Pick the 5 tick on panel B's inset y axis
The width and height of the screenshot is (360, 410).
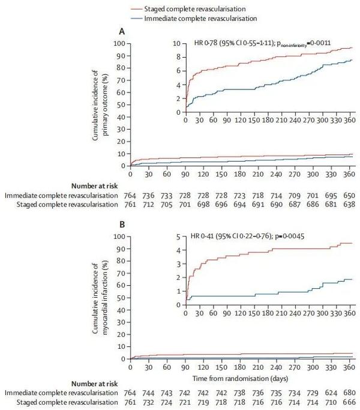click(179, 237)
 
